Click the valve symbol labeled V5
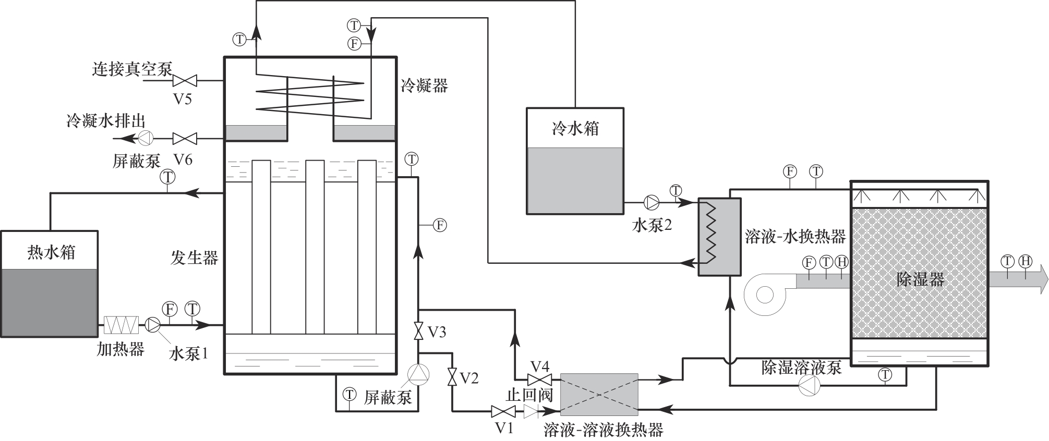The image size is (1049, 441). point(185,81)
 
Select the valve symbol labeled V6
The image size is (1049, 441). point(185,138)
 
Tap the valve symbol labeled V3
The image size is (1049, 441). point(418,331)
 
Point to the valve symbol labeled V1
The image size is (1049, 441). point(503,412)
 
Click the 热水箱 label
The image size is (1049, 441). point(51,253)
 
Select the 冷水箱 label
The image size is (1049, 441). point(575,129)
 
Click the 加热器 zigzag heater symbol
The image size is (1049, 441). point(122,325)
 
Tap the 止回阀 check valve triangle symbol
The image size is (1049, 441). point(531,412)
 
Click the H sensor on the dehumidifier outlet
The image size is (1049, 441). point(1026,261)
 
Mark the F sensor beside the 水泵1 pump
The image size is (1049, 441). point(170,309)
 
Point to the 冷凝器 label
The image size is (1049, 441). point(424,85)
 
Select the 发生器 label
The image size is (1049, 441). point(195,257)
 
